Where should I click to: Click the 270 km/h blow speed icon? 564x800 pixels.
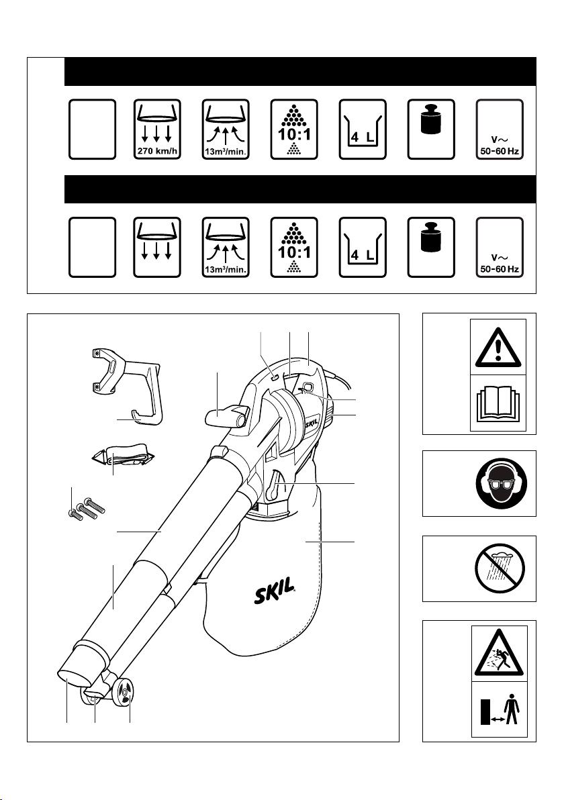click(x=157, y=130)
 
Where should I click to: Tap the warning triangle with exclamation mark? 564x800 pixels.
click(x=498, y=348)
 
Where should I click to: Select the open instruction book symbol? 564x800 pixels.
click(x=498, y=403)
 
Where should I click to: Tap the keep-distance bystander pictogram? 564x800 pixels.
click(x=499, y=710)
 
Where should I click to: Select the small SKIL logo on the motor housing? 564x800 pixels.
click(x=312, y=423)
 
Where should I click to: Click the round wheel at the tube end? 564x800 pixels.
click(x=124, y=693)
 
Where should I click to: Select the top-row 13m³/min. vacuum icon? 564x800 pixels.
click(x=226, y=130)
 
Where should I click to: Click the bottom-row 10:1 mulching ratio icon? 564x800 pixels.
click(x=294, y=248)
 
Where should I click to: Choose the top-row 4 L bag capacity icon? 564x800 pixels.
click(x=363, y=130)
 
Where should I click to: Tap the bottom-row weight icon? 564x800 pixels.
click(x=431, y=248)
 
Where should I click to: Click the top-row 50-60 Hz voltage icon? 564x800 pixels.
click(x=500, y=130)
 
